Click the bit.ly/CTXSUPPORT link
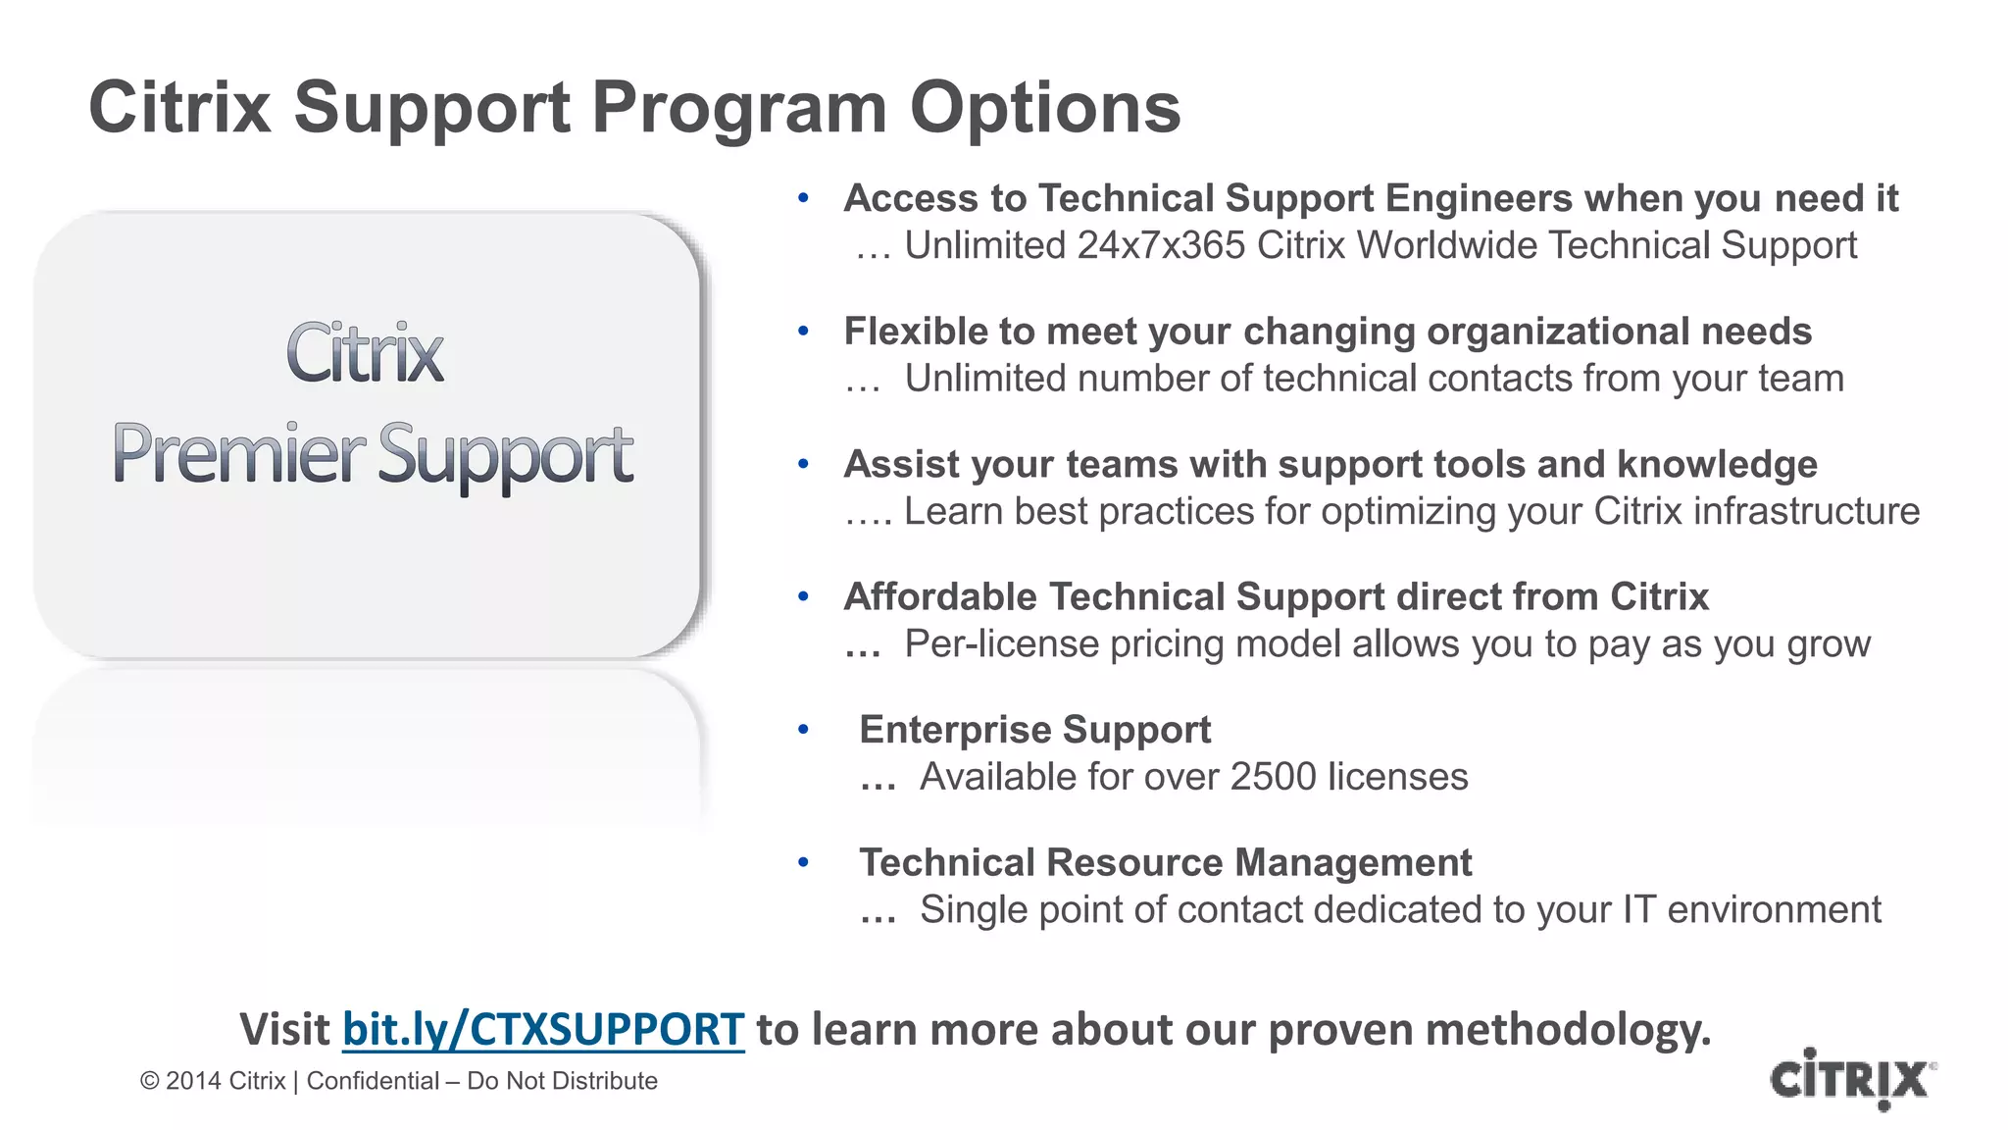click(542, 1030)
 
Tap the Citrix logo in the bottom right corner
click(1851, 1079)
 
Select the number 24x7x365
click(1161, 245)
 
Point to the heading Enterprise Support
click(1034, 730)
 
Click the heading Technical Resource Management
click(1165, 863)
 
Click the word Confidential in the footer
click(373, 1081)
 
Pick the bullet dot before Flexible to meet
click(803, 332)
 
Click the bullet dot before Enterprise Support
click(803, 729)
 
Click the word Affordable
click(939, 597)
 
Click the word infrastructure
click(1806, 512)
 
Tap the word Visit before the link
click(284, 1030)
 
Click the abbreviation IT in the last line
click(1638, 910)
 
